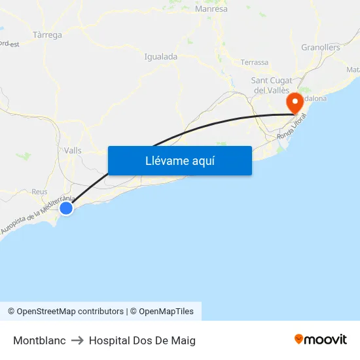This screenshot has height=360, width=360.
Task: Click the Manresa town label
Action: (211, 9)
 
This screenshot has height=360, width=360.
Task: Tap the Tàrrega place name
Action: (47, 35)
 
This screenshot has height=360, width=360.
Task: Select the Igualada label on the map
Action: (160, 57)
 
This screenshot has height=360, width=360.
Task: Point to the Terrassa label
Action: (255, 62)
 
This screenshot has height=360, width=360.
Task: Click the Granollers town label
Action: (321, 47)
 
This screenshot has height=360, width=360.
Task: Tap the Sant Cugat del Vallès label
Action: (272, 85)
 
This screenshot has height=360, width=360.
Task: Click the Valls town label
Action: (73, 151)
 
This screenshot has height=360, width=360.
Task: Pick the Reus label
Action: (40, 192)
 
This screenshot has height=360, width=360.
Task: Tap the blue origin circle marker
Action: (66, 208)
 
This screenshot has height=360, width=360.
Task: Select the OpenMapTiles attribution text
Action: (166, 312)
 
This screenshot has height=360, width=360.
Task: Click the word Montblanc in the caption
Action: (39, 340)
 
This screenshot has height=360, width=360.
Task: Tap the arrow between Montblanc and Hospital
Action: (77, 340)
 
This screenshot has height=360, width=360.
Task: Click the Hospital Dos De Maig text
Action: (142, 340)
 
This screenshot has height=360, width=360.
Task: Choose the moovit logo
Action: (320, 339)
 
